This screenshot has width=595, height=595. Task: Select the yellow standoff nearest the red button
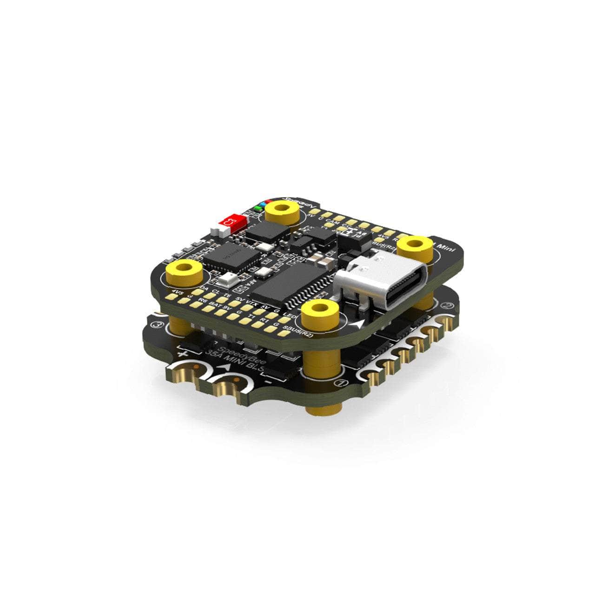tap(282, 210)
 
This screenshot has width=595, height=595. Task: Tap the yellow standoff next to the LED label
tap(320, 311)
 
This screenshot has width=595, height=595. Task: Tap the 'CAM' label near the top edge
tap(331, 221)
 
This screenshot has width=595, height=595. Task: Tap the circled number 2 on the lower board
tap(447, 305)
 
